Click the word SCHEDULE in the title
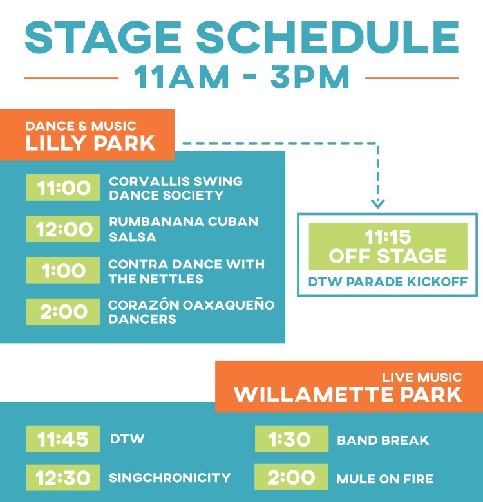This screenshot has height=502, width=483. pos(327,37)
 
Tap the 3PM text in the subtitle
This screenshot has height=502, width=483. pos(310,77)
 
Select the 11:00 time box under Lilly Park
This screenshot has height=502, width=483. pos(63,188)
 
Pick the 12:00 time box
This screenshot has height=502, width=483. pos(63,229)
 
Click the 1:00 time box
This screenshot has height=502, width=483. pos(63,270)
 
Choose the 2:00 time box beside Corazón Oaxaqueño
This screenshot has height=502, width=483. pos(63,311)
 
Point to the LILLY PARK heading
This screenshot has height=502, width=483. pos(90,143)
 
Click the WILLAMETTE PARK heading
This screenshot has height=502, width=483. pos(348,394)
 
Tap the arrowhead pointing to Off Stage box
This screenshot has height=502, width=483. pos(377,203)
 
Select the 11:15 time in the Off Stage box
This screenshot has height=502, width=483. pos(388,237)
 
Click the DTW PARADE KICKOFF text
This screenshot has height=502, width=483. pos(388,282)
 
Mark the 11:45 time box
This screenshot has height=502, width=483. pos(63,439)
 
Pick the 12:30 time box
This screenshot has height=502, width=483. pos(63,478)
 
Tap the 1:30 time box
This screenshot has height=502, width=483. pos(292,439)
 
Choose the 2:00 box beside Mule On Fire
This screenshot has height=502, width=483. pos(292,477)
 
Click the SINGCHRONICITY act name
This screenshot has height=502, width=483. pos(170,478)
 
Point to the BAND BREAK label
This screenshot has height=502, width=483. pos(383,440)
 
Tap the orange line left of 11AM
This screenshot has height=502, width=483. pos(71,78)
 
